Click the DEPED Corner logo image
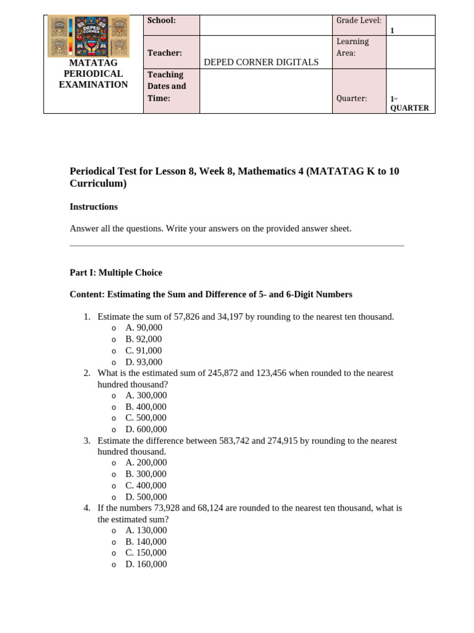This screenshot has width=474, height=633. tap(88, 36)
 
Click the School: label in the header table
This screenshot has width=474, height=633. tap(161, 20)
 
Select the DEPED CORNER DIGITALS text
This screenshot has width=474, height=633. tap(261, 62)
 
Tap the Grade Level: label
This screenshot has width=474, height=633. tap(359, 20)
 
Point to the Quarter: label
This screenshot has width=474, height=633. tap(352, 98)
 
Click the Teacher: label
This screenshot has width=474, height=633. tap(164, 54)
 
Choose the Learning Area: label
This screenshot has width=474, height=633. tap(352, 48)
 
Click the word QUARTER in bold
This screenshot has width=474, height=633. tap(409, 108)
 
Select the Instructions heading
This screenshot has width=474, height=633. tap(94, 207)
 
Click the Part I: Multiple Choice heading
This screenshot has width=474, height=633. tap(116, 273)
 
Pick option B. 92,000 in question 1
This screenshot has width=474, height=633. tap(144, 339)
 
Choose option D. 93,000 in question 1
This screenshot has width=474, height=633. tap(144, 362)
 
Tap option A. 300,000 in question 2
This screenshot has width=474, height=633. tap(146, 396)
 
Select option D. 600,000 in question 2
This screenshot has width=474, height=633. tap(146, 430)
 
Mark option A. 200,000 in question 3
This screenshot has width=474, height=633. tap(146, 463)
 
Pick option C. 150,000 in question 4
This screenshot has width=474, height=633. tap(146, 553)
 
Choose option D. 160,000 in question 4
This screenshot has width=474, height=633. tap(146, 564)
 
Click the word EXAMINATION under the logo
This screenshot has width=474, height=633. tap(93, 85)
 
